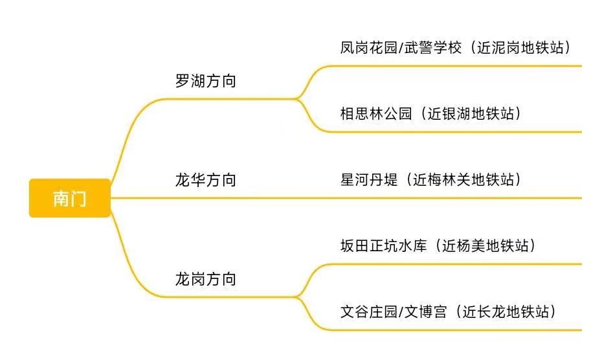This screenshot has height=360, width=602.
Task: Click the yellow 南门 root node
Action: (x=70, y=198)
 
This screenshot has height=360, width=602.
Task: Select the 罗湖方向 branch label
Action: (x=206, y=82)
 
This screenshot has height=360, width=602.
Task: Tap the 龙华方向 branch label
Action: (x=206, y=180)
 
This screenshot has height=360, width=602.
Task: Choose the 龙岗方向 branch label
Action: (x=206, y=280)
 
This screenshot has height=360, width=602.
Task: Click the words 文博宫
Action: (x=425, y=312)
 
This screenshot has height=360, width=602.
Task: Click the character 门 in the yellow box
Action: (x=78, y=198)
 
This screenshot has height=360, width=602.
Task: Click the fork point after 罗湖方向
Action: (x=298, y=98)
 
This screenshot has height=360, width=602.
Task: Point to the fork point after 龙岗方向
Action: (x=298, y=297)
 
